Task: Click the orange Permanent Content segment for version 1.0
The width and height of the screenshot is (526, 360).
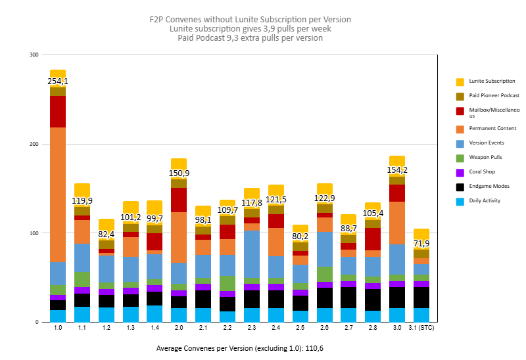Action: tap(58, 194)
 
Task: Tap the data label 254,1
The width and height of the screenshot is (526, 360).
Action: tap(58, 81)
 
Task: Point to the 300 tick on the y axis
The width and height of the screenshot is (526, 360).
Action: tap(34, 55)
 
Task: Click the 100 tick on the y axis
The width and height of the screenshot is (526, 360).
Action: tap(34, 233)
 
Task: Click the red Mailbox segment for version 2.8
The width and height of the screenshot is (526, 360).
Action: tap(373, 239)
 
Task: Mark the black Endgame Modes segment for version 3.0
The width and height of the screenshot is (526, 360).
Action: tap(397, 298)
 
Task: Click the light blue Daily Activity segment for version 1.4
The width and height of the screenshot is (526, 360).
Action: tap(155, 313)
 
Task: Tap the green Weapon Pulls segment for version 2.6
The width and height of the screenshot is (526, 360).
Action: tap(325, 274)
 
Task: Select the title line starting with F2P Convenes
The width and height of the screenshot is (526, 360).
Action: tap(250, 19)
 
